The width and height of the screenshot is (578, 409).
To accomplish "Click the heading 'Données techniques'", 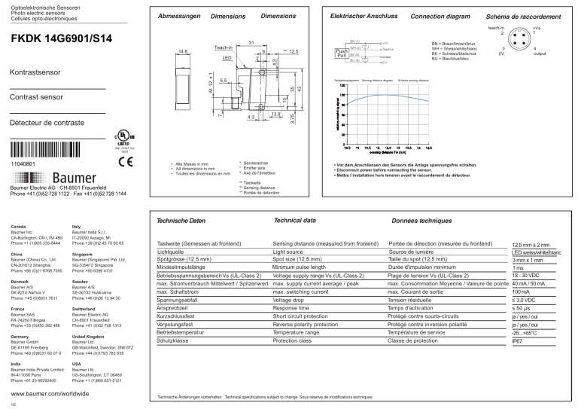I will [x=425, y=221].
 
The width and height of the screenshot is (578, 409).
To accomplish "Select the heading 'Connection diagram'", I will [x=440, y=16].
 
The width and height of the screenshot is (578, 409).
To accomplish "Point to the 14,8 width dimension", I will [x=182, y=52].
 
